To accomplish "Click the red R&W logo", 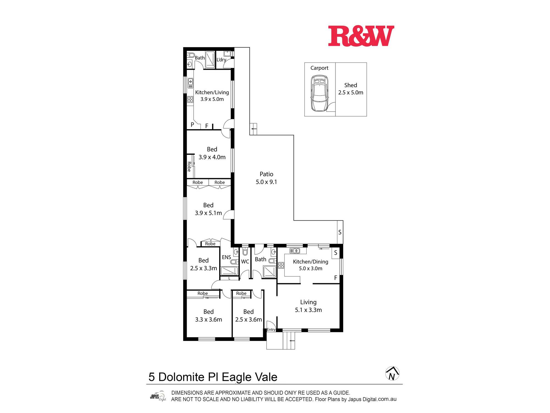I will tap(361, 36).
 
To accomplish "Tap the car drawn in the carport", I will tap(319, 93).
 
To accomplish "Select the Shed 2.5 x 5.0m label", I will tap(351, 89).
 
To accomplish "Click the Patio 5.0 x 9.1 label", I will tap(266, 178).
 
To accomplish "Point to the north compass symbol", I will tap(392, 374).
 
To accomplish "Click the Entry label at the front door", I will tap(271, 330).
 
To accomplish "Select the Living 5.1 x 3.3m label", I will tap(308, 306).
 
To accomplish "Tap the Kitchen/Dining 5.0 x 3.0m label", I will tap(310, 265).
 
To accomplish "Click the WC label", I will tap(245, 262).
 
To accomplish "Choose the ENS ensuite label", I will tap(226, 257).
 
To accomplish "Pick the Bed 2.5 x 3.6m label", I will tap(248, 316).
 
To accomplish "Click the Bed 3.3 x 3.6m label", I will tap(208, 316).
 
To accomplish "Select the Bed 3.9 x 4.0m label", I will tap(212, 153).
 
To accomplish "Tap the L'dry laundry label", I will tap(221, 59).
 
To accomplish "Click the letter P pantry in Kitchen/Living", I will tap(192, 125).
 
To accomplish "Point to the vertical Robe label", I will tap(189, 167).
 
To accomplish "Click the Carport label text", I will tap(319, 68).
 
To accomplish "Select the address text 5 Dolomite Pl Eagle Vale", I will tap(213, 377).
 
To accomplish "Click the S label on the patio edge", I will tap(340, 232).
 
